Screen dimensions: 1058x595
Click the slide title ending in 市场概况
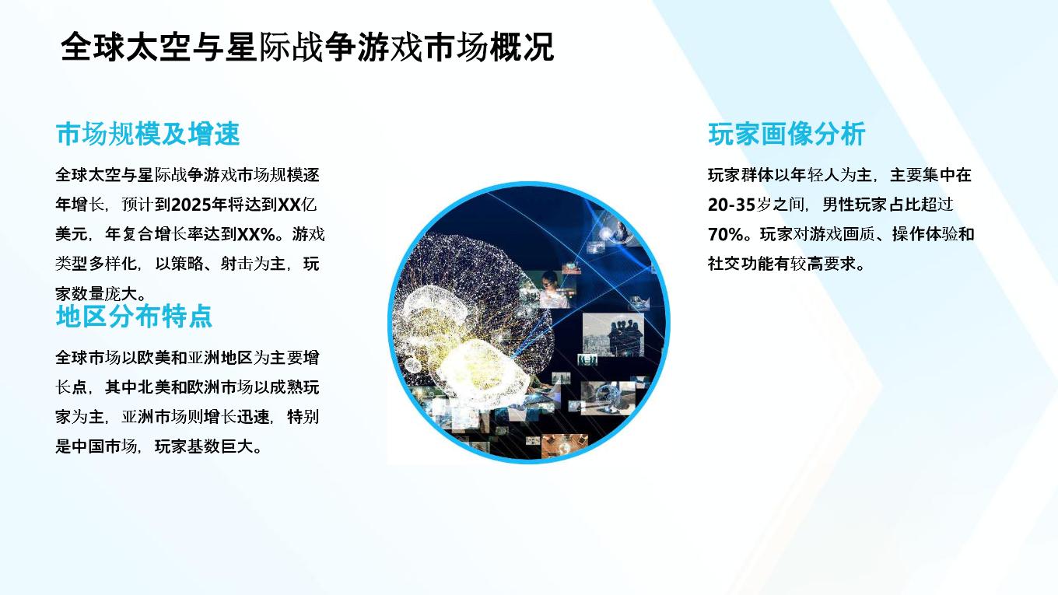tap(307, 47)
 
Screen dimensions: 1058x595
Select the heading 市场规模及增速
tap(148, 134)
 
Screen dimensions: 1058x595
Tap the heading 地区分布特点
tap(134, 316)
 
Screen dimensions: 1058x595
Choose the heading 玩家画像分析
tap(786, 134)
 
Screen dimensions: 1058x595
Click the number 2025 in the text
tap(191, 205)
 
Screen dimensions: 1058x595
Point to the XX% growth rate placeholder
tap(257, 234)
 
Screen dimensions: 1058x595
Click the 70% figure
tap(726, 234)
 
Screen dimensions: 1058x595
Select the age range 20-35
tap(731, 205)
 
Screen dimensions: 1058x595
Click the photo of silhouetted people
tap(613, 334)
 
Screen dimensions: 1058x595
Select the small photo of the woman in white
tap(550, 289)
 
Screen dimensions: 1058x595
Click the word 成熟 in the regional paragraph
tap(286, 387)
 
